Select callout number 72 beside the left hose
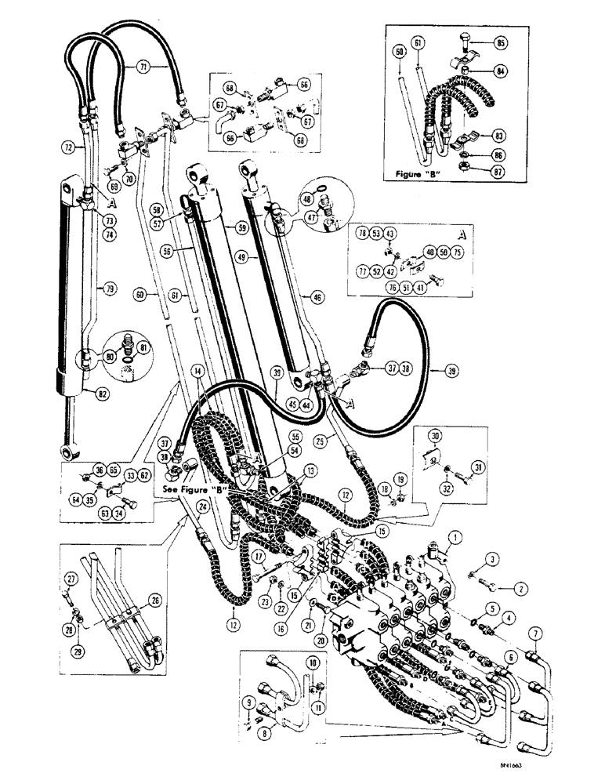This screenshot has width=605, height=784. (x=69, y=147)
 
